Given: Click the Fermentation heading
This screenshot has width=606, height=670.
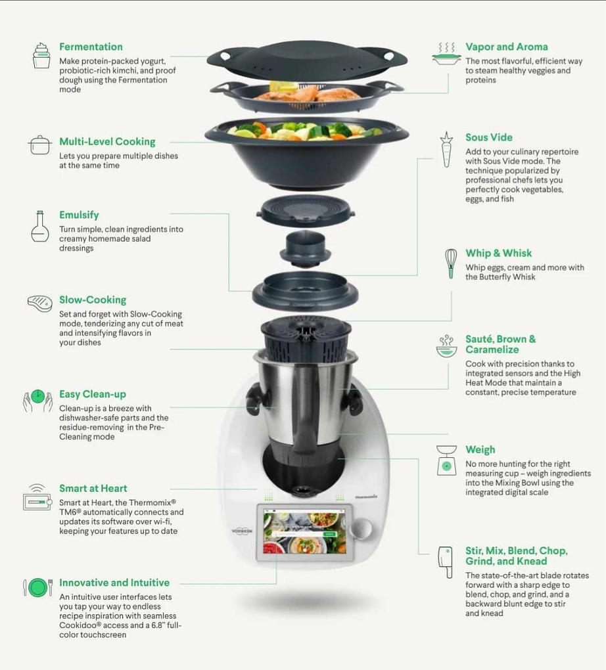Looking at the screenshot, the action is click(91, 47).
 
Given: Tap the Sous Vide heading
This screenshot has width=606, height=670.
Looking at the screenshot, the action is click(489, 137).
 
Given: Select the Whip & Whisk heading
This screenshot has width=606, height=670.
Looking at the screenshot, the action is click(499, 253).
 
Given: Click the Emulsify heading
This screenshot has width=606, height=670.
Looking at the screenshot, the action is click(79, 215).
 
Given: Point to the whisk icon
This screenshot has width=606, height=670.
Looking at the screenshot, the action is click(450, 263).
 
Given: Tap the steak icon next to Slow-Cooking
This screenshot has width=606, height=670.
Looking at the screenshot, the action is click(40, 303).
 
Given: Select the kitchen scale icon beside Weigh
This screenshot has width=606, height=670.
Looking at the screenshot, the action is click(446, 460).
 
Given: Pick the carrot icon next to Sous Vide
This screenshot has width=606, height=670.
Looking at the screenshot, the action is click(446, 150).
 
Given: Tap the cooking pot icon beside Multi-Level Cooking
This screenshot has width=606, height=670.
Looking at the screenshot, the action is click(40, 145).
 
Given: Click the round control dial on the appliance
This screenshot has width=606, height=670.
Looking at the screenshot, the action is click(361, 529).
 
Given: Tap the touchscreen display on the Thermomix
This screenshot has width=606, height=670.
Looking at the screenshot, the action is click(305, 532).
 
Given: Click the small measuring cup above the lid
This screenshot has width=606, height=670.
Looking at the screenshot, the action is click(306, 248).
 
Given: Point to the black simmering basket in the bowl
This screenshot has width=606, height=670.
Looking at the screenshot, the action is click(306, 340).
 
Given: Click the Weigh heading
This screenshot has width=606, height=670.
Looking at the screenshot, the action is click(480, 449).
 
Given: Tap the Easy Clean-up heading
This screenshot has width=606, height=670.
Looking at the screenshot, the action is click(93, 394).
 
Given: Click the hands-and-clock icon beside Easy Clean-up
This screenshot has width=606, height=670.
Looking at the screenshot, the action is click(37, 401).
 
